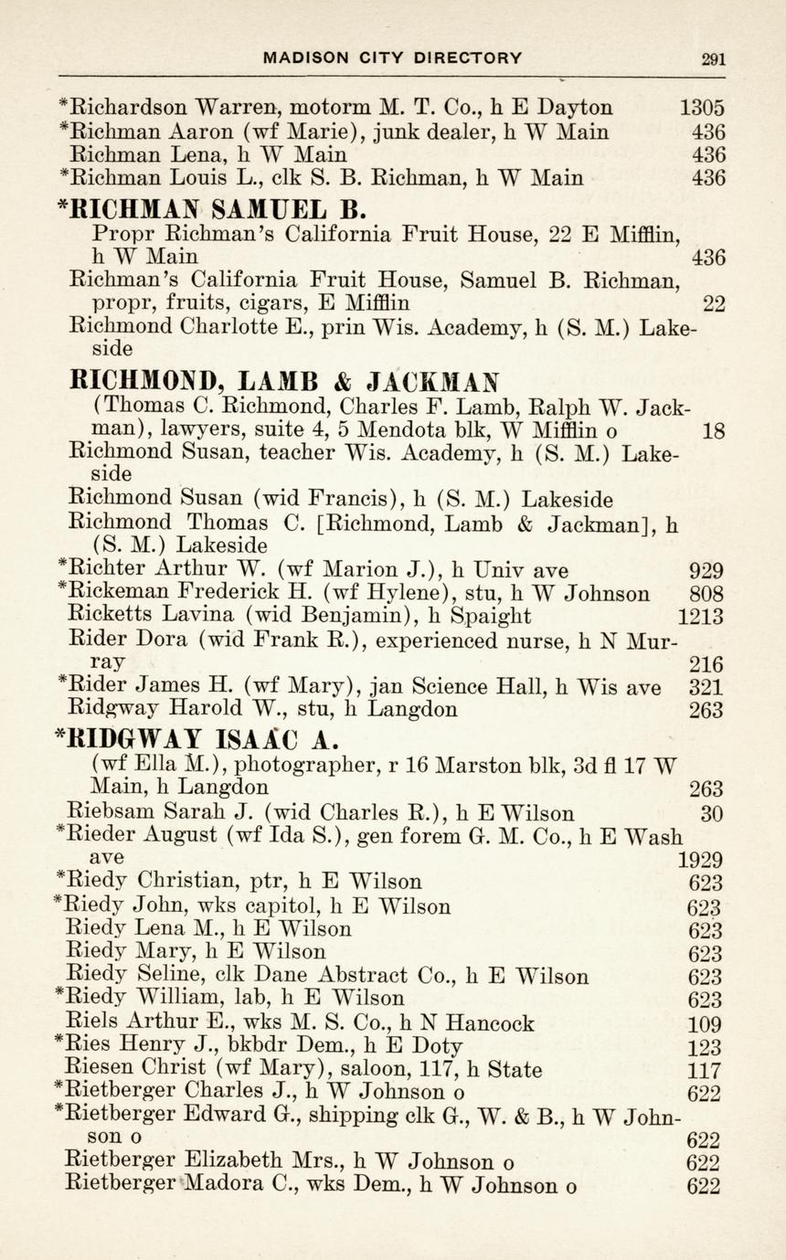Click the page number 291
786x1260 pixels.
pos(713,58)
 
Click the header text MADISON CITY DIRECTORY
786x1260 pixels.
pos(393,58)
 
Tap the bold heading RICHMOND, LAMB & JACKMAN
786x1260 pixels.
pos(285,378)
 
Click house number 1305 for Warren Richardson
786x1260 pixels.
pos(702,108)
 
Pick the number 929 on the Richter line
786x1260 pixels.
pos(706,571)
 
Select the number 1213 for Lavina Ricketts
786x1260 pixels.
pos(701,617)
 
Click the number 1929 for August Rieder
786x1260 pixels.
pos(701,860)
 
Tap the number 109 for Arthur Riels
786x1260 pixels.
pos(705,1024)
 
